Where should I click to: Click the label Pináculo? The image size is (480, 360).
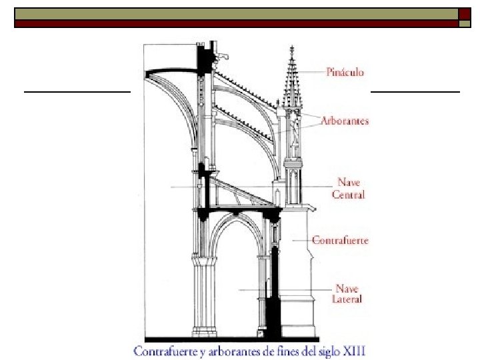click(345, 71)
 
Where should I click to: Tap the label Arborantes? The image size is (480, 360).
click(344, 121)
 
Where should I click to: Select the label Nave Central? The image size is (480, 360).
click(348, 188)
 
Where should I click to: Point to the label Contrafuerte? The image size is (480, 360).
click(340, 240)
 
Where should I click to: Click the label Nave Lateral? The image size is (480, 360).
click(347, 294)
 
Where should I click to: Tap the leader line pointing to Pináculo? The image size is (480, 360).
click(310, 71)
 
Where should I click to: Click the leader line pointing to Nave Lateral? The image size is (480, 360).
click(287, 289)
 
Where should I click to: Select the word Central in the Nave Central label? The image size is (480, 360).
click(348, 195)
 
